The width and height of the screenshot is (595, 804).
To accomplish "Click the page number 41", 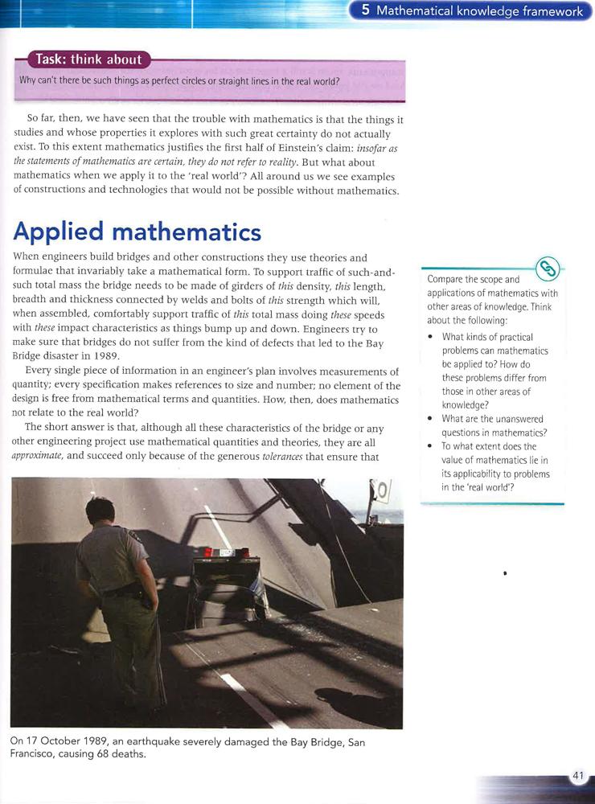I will tap(577, 775).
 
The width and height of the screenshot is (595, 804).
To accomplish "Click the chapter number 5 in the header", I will tap(366, 11).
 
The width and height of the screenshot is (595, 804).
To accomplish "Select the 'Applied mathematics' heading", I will tap(137, 232).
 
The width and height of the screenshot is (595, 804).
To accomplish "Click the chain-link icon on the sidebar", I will tap(548, 268).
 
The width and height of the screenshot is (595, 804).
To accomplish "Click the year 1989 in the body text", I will tap(105, 356).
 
